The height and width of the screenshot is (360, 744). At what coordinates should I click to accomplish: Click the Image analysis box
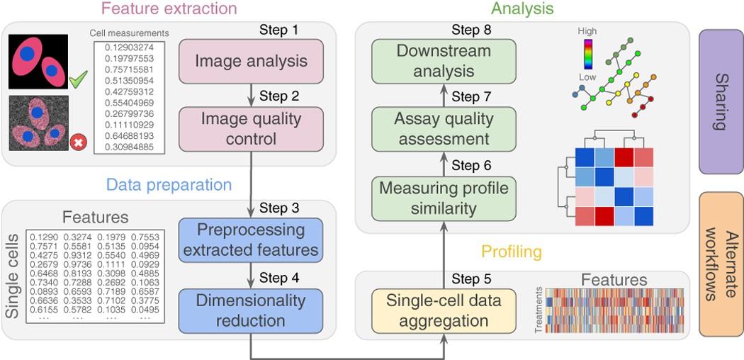(x=252, y=61)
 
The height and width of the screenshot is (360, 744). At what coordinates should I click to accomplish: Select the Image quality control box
(x=252, y=128)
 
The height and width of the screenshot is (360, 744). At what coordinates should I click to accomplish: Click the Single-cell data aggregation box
(x=444, y=310)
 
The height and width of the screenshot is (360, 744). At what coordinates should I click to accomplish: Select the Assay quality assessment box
(x=444, y=128)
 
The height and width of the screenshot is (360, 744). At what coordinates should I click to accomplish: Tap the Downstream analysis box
(x=444, y=61)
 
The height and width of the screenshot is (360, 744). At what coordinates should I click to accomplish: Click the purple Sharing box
(x=721, y=101)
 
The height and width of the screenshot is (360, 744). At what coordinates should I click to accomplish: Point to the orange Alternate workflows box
(x=721, y=264)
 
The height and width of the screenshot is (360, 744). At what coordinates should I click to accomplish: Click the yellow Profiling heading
(x=512, y=252)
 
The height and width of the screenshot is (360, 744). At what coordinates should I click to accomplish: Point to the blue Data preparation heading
(x=169, y=185)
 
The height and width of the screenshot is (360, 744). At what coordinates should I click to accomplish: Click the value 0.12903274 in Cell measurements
(x=124, y=47)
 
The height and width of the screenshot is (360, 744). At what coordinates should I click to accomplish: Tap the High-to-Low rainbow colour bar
(x=587, y=54)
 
